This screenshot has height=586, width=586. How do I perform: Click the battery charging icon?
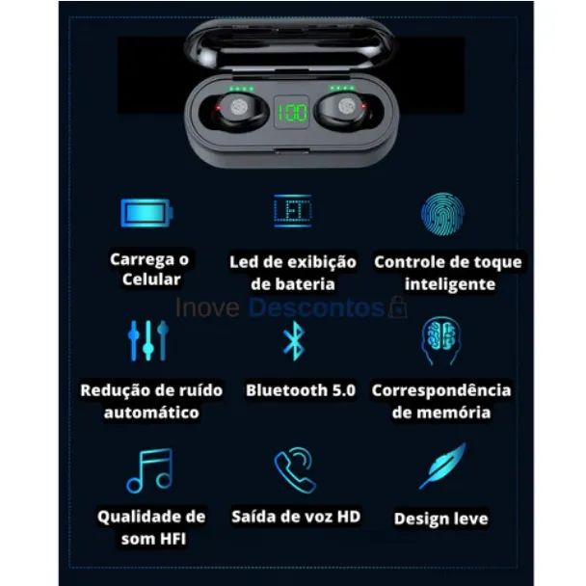pyautogui.click(x=146, y=211)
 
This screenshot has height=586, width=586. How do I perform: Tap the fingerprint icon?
pyautogui.click(x=443, y=213)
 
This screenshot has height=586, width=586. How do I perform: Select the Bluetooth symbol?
pyautogui.click(x=293, y=341)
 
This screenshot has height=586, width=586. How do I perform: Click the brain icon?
pyautogui.click(x=440, y=340)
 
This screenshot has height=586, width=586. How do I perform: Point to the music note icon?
pyautogui.click(x=149, y=470)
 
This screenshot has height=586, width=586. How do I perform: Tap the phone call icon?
pyautogui.click(x=294, y=470)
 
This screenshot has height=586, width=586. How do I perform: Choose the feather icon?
pyautogui.click(x=442, y=466)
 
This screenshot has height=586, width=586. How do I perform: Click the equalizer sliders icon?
pyautogui.click(x=148, y=340)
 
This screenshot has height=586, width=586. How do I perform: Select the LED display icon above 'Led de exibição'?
pyautogui.click(x=292, y=211)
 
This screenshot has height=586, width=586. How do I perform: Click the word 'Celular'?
pyautogui.click(x=151, y=280)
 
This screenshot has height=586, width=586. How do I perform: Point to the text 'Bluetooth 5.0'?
pyautogui.click(x=300, y=390)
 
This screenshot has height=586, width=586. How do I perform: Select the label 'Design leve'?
pyautogui.click(x=440, y=519)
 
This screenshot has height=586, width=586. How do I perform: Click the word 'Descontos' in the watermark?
pyautogui.click(x=316, y=308)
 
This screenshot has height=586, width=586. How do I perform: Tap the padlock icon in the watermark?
pyautogui.click(x=396, y=308)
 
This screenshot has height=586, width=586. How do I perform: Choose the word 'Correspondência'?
pyautogui.click(x=441, y=390)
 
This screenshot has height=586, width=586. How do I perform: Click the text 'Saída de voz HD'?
pyautogui.click(x=296, y=517)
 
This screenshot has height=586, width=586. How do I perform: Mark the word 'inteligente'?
pyautogui.click(x=450, y=284)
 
